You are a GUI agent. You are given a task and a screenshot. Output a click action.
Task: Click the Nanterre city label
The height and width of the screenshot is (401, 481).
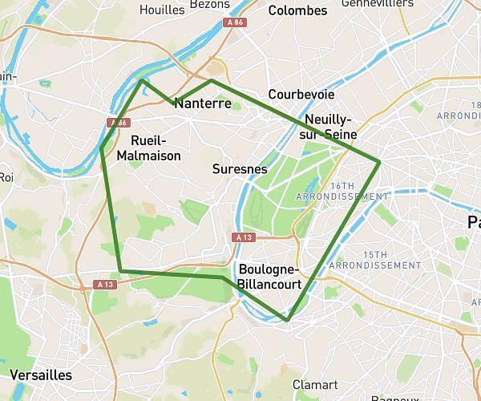203,103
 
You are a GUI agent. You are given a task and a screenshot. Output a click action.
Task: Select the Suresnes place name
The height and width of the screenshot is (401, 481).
240,169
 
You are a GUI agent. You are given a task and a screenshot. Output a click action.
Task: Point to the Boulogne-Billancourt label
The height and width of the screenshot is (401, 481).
269,277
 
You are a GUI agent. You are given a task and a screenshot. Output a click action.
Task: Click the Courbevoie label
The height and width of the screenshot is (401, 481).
301,94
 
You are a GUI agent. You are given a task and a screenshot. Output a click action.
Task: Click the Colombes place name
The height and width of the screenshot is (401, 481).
297,10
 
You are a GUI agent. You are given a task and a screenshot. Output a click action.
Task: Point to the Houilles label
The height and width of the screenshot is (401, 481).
162,10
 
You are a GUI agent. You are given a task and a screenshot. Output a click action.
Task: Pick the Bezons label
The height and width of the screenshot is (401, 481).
210,4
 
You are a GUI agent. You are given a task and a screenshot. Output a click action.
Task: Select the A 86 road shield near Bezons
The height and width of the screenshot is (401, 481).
234,22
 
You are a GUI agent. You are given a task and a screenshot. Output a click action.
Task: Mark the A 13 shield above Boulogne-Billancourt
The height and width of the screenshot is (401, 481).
244,237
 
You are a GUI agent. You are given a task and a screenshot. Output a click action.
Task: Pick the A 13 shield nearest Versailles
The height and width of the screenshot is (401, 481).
105,284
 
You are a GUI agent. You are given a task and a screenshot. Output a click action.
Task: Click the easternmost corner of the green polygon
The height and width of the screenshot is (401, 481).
379,163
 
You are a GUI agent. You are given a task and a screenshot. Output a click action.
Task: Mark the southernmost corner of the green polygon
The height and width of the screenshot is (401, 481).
287,320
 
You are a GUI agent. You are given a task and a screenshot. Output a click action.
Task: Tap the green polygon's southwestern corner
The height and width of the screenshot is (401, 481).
119,271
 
